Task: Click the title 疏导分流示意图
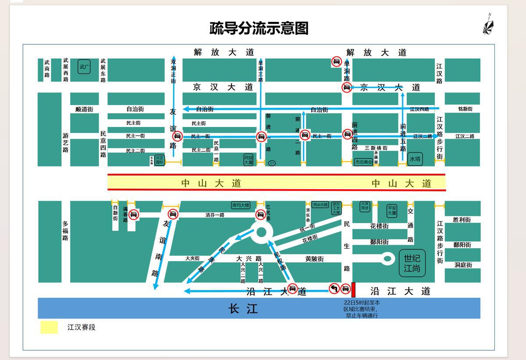point(259,28)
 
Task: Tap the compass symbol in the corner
point(488,25)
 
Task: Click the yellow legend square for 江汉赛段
point(49,327)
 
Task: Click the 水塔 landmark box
point(415,159)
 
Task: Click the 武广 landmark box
point(84,67)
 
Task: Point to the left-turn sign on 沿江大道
point(334,288)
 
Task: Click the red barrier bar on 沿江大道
point(353,289)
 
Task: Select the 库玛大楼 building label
point(240,205)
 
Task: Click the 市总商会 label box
point(363,162)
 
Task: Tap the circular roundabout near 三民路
point(261,233)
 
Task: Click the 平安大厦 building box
point(391,211)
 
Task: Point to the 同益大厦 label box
point(249,159)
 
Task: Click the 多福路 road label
point(65,231)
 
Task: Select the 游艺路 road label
point(65,143)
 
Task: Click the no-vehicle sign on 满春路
point(134,214)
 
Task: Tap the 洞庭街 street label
point(462,265)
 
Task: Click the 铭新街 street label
point(465,109)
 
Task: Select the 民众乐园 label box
point(320,205)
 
